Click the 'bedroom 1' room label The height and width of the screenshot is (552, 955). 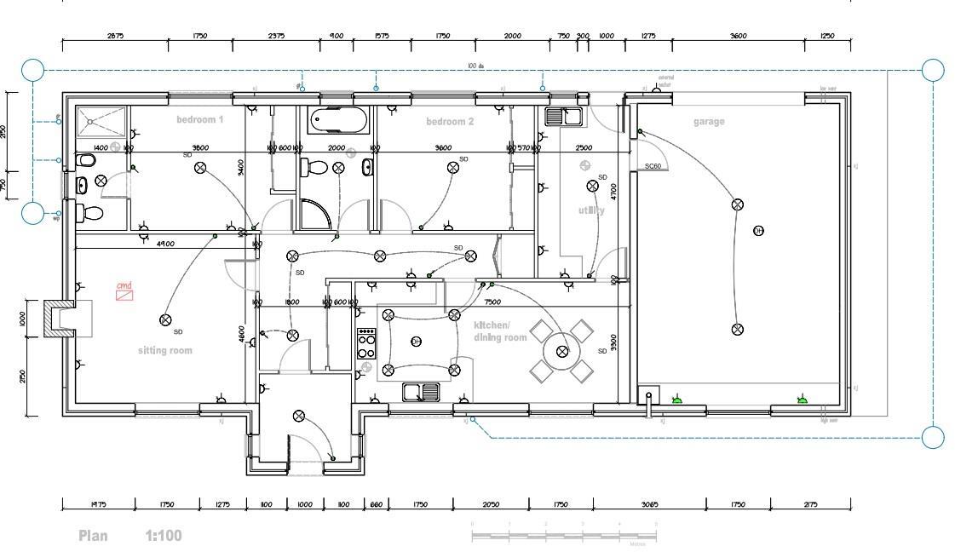coord(199,120)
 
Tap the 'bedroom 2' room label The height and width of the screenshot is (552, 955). coord(450,122)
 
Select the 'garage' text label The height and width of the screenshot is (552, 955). coord(709,122)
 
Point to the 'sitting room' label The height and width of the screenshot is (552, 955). coord(165,351)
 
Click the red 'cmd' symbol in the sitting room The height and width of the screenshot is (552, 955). coord(125,294)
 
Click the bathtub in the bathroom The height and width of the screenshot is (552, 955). coord(339,121)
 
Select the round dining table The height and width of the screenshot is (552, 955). coord(561,351)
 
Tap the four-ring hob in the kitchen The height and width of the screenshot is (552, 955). coord(366,342)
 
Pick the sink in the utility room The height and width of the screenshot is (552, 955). coord(563,116)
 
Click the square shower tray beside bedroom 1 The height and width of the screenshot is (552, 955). coord(101,122)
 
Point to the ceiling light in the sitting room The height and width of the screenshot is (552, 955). coord(165,320)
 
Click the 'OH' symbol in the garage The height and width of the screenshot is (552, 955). coord(758,231)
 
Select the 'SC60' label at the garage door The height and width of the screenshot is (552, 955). coord(653,167)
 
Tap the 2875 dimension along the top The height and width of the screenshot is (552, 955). coord(115,36)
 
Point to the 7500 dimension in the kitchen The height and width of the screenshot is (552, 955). coord(492,302)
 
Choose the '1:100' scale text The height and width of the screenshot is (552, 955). coord(163,536)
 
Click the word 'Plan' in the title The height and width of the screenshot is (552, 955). coord(94,536)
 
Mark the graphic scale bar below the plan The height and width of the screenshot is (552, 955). coord(563,536)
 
